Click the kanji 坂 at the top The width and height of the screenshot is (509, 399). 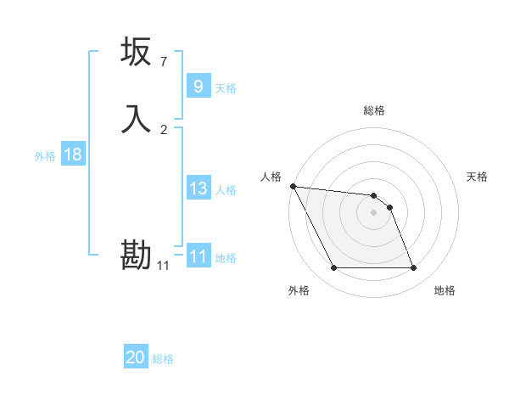click(x=136, y=53)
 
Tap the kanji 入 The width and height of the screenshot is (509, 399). click(x=136, y=119)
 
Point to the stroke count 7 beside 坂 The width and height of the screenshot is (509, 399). click(x=164, y=62)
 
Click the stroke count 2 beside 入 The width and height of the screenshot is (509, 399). click(x=164, y=130)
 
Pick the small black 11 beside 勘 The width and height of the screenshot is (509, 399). click(x=164, y=267)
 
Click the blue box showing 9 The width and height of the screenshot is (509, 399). click(x=198, y=87)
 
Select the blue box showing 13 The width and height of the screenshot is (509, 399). click(x=198, y=188)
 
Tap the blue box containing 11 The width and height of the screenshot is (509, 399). click(x=198, y=256)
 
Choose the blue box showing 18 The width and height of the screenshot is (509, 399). click(x=73, y=155)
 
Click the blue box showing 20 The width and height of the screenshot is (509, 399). click(x=136, y=357)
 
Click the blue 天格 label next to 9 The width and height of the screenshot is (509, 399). click(x=226, y=88)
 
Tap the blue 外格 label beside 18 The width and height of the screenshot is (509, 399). click(x=45, y=156)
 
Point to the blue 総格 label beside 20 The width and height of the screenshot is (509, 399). click(x=163, y=359)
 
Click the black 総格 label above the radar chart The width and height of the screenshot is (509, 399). click(x=374, y=110)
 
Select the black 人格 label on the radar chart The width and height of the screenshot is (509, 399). click(x=271, y=177)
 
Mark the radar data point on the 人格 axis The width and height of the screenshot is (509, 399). click(x=293, y=186)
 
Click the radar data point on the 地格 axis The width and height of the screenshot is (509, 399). click(x=413, y=268)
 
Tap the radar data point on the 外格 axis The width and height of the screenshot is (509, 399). click(x=333, y=268)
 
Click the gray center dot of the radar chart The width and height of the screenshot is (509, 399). click(x=374, y=212)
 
